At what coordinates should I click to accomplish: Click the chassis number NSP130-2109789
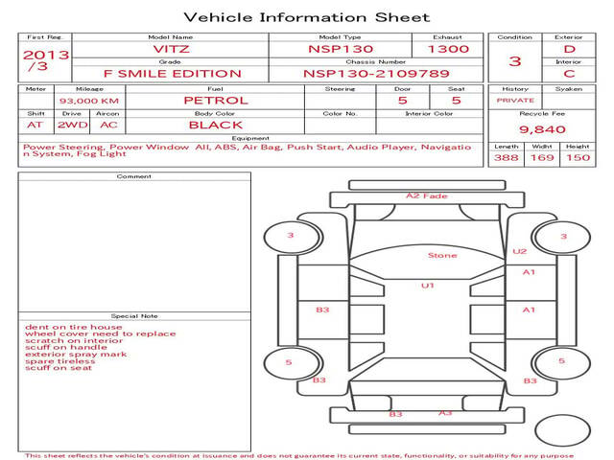point(376,74)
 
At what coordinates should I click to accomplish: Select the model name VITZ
point(171,49)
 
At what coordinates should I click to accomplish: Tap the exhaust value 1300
point(448,49)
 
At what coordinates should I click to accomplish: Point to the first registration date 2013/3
point(46,59)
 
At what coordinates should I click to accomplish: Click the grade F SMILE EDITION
point(173,74)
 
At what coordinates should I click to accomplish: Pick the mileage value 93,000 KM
point(89,101)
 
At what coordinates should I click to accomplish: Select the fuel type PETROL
point(216,100)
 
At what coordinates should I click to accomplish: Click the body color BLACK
point(216,125)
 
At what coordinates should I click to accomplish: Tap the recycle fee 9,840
point(542,129)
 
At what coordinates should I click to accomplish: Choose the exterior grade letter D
point(569,49)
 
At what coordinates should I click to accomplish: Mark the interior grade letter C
point(569,74)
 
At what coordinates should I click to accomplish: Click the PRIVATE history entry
point(515,100)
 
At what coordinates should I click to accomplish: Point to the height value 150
point(578,157)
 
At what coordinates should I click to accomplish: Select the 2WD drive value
point(73,125)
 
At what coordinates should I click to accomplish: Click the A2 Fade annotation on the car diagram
point(426,195)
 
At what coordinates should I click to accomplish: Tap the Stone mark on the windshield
point(442,255)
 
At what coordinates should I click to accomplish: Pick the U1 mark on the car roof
point(428,286)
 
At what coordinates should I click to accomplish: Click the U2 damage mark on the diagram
point(520,251)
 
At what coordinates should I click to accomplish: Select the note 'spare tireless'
point(60,361)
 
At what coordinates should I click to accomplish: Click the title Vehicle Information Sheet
point(307,17)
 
